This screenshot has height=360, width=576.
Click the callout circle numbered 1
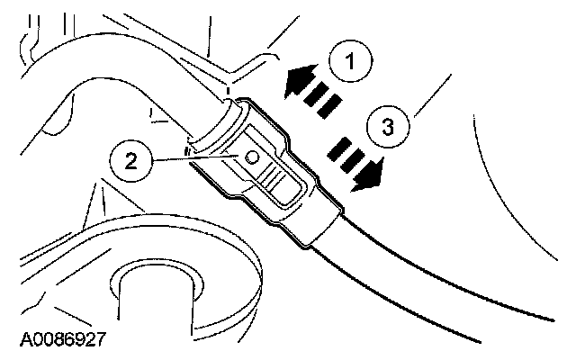352,65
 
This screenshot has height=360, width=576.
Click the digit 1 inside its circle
352,65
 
